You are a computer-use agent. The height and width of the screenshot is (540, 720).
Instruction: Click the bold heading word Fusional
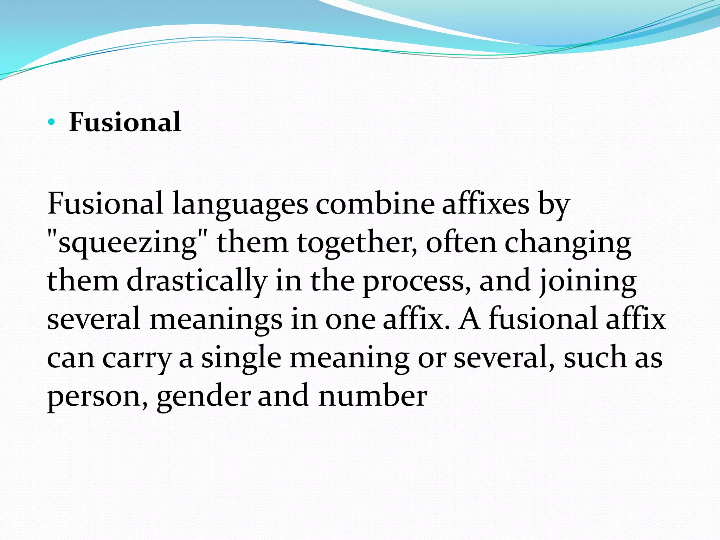(125, 122)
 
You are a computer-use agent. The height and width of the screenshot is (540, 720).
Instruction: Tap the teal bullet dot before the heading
(52, 122)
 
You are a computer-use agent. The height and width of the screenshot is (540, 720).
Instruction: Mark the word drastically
(197, 281)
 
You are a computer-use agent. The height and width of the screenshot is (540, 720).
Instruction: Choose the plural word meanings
(216, 320)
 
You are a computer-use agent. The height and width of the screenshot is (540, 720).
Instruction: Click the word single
(241, 359)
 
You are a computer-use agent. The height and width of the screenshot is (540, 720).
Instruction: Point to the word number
(373, 396)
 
